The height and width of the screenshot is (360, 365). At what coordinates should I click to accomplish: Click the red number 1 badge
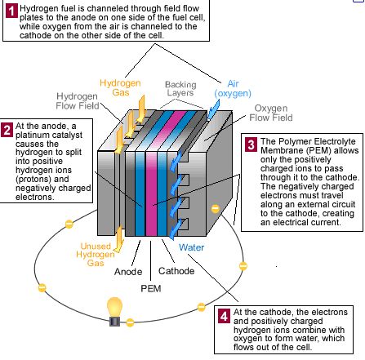[x=11, y=11]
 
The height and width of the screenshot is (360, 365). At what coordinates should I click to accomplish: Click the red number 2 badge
[x=7, y=130]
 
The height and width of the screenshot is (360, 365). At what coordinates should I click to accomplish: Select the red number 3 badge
[x=251, y=144]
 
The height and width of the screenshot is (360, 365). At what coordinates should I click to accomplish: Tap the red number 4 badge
[x=224, y=317]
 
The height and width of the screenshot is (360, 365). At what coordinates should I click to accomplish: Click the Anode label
[x=128, y=272]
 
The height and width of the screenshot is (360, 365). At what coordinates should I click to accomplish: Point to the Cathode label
[x=176, y=271]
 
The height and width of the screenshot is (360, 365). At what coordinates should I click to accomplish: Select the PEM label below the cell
[x=151, y=288]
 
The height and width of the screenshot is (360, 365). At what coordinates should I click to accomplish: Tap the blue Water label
[x=191, y=247]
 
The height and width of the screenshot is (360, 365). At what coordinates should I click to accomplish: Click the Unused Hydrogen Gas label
[x=96, y=255]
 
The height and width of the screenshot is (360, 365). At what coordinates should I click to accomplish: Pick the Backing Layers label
[x=180, y=89]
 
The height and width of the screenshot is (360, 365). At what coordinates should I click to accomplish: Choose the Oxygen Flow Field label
[x=271, y=113]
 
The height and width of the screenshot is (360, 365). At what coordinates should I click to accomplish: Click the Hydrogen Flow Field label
[x=78, y=101]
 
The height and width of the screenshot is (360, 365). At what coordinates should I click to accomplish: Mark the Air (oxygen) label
[x=233, y=88]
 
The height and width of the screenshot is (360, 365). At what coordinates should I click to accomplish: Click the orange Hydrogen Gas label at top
[x=120, y=87]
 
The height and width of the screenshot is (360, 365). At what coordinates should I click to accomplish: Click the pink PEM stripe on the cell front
[x=151, y=193]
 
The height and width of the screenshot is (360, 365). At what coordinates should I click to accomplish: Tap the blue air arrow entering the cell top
[x=213, y=109]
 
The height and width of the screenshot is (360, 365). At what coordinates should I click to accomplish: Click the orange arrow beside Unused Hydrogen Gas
[x=118, y=238]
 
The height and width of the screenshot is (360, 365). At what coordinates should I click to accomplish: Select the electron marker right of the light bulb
[x=130, y=322]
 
